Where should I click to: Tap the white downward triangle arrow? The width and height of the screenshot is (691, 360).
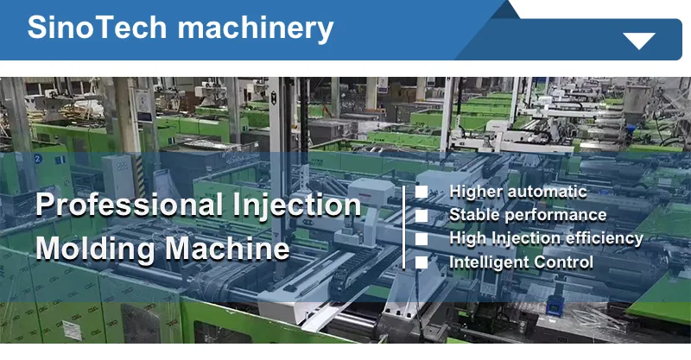[640, 41]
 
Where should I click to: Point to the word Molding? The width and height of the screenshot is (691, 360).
[95, 249]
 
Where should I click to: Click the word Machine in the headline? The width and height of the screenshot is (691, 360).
[228, 249]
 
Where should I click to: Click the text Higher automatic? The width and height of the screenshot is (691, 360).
[518, 192]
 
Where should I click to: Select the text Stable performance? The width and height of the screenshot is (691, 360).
[528, 215]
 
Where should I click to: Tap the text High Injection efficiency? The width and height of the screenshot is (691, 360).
[546, 237]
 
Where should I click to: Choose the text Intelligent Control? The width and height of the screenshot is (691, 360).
[521, 262]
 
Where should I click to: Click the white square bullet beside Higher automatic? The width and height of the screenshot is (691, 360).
[422, 192]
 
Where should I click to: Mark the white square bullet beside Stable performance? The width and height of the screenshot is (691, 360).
[422, 215]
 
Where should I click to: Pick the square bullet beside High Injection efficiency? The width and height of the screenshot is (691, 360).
[422, 238]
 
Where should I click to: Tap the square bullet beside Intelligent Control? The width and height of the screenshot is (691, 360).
[422, 262]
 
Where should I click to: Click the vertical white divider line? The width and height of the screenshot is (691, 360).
[404, 226]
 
